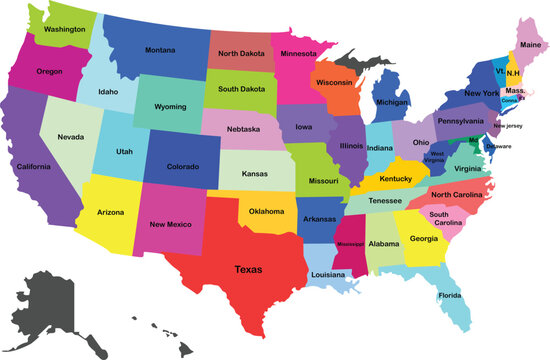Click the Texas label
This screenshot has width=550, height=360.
pyautogui.click(x=249, y=269)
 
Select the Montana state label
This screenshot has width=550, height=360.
pyautogui.click(x=160, y=50)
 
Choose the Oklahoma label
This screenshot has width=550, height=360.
pyautogui.click(x=267, y=211)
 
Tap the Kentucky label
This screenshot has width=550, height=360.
pyautogui.click(x=394, y=178)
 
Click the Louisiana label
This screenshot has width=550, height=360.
pyautogui.click(x=328, y=273)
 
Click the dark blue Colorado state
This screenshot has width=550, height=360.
pyautogui.click(x=182, y=166)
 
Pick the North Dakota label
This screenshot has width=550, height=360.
pyautogui.click(x=243, y=53)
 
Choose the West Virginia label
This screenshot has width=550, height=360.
pyautogui.click(x=437, y=157)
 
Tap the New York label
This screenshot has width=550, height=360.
pyautogui.click(x=481, y=93)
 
